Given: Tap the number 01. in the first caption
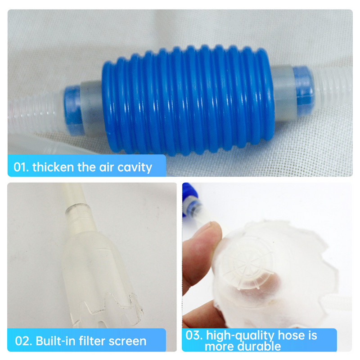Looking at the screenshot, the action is pyautogui.click(x=21, y=167).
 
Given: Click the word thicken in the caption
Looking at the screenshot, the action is pyautogui.click(x=53, y=166).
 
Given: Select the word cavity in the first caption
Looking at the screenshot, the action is pyautogui.click(x=135, y=167).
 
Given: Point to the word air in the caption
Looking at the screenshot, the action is pyautogui.click(x=107, y=167).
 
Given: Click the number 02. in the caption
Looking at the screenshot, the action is pyautogui.click(x=23, y=341).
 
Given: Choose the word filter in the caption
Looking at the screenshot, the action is pyautogui.click(x=92, y=341).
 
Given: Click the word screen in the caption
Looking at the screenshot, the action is pyautogui.click(x=127, y=342).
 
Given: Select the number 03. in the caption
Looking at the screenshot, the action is pyautogui.click(x=194, y=335).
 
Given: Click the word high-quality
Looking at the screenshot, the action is pyautogui.click(x=240, y=336).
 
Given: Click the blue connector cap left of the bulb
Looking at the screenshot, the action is pyautogui.click(x=72, y=110).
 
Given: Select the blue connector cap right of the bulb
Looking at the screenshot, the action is pyautogui.click(x=303, y=91).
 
